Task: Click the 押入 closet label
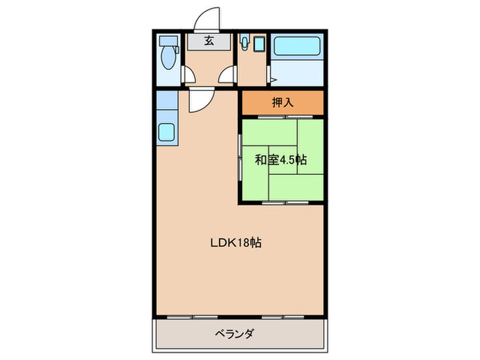tap(282, 103)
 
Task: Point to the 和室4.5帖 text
tap(280, 160)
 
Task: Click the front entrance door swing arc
tap(208, 18)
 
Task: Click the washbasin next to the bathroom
tap(258, 46)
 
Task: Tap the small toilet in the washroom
tap(244, 45)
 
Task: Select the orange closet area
tap(282, 103)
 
